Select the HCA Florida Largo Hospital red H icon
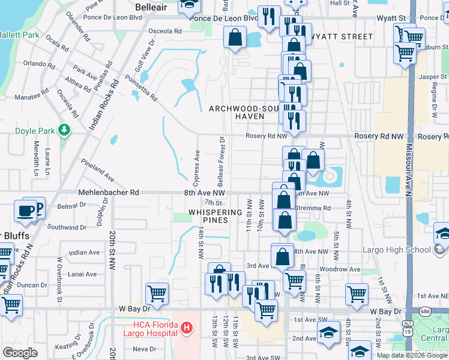pyautogui.click(x=187, y=328)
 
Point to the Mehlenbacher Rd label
pyautogui.click(x=108, y=193)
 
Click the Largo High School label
pyautogui.click(x=397, y=250)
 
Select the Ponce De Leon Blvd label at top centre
pyautogui.click(x=223, y=18)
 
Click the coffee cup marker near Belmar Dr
pyautogui.click(x=26, y=211)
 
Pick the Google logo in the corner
pyautogui.click(x=20, y=353)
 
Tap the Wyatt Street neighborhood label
pyautogui.click(x=340, y=37)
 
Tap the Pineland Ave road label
pyautogui.click(x=98, y=170)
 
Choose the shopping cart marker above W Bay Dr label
pyautogui.click(x=357, y=294)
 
